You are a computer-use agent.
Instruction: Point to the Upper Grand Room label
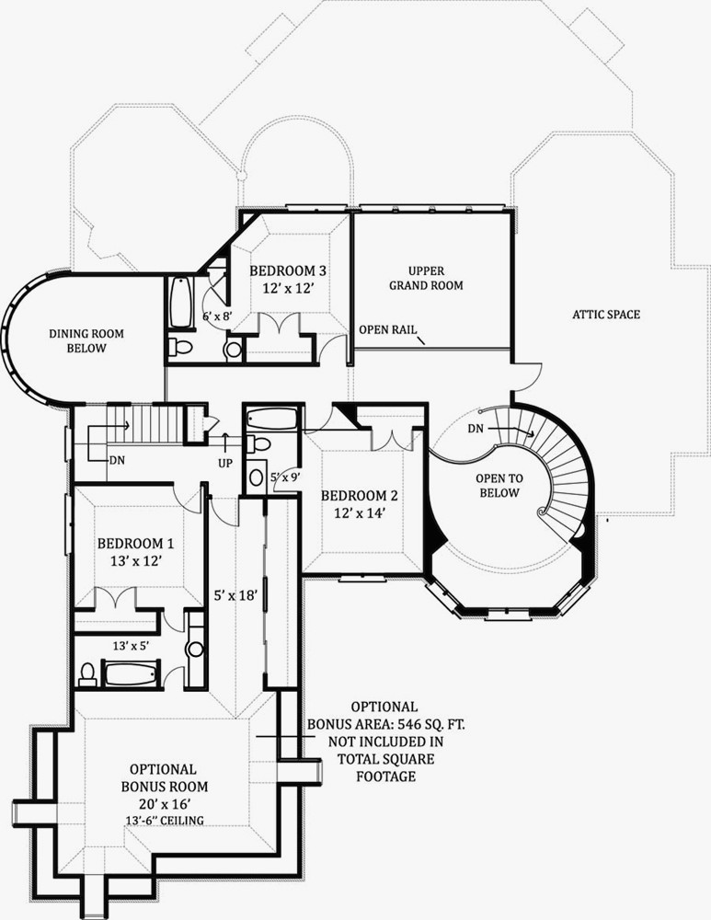coord(427,278)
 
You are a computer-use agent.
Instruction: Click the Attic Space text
coord(606,315)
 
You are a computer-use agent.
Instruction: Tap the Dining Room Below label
coord(86,341)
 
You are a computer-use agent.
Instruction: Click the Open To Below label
coord(499,486)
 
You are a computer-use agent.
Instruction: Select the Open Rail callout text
coord(388,329)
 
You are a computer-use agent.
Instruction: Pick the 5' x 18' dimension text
coord(235,596)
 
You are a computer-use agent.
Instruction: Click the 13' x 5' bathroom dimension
coord(131,646)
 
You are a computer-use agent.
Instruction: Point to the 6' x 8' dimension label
coord(218,316)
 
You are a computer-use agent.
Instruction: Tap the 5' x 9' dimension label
coord(286,477)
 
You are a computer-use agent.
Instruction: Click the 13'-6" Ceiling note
coord(165,820)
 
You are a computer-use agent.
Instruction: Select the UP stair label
coord(225,464)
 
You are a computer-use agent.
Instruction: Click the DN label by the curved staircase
coord(476,429)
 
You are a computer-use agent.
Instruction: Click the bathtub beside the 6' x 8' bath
coord(180,303)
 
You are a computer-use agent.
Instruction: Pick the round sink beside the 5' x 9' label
coord(257,476)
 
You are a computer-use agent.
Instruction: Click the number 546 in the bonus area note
coord(409,724)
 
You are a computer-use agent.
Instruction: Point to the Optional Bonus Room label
coord(165,777)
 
